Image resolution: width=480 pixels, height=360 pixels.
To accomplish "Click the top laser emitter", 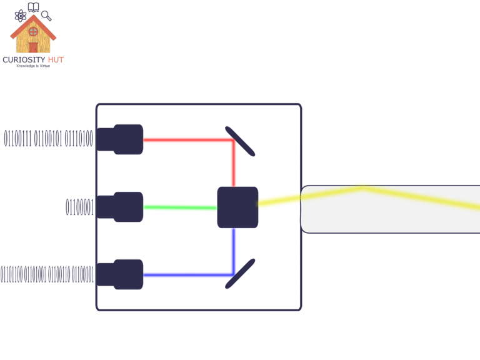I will [x=121, y=139].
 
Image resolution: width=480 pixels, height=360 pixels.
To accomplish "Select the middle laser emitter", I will [x=121, y=207].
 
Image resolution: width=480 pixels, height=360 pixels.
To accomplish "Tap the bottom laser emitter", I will [x=121, y=274].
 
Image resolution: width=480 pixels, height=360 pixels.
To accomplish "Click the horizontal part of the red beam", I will [x=187, y=139].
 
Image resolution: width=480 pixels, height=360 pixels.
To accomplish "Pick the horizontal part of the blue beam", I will [x=187, y=275].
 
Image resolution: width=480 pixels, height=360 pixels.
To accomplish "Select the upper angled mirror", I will [x=239, y=141].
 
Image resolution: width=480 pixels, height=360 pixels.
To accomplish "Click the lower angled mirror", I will [x=239, y=274].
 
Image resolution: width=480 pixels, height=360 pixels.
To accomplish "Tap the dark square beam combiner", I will [x=237, y=207].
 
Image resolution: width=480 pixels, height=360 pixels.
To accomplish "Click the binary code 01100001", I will [x=80, y=207].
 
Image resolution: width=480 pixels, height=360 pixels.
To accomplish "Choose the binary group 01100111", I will [x=18, y=139].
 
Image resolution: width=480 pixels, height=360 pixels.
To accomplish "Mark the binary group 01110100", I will [x=79, y=139].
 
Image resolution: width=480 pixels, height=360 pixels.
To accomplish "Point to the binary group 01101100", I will [x=11, y=275].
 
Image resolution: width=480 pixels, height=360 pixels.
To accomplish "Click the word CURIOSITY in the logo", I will [x=24, y=60].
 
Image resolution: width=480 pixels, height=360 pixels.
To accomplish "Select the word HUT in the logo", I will [x=55, y=60].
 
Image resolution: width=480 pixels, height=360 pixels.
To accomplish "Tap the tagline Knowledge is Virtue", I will [x=33, y=66].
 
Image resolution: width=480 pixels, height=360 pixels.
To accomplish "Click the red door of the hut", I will [x=33, y=47].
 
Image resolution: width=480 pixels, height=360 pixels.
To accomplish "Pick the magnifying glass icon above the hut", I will [x=46, y=14].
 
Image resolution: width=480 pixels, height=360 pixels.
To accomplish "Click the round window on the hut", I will [x=34, y=31].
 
